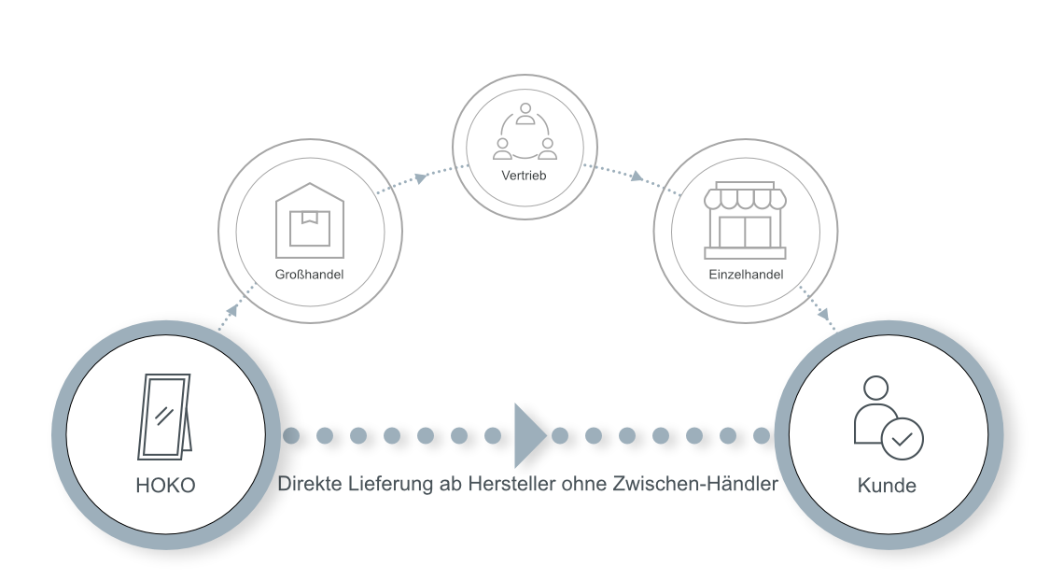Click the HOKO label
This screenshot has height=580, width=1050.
point(165,486)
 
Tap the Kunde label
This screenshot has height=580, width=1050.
point(887,486)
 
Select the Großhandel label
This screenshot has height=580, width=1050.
point(310,275)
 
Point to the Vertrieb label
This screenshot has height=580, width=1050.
point(524,175)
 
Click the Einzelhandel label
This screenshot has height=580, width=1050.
point(745,275)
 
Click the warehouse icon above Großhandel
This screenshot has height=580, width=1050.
point(310,225)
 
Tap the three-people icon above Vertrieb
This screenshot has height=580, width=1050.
point(525,134)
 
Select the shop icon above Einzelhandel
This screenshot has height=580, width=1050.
point(745,220)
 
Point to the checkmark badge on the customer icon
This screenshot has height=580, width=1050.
point(902,438)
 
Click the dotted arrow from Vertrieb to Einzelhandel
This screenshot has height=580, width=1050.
point(617,172)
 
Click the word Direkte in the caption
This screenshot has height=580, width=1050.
point(308,485)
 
